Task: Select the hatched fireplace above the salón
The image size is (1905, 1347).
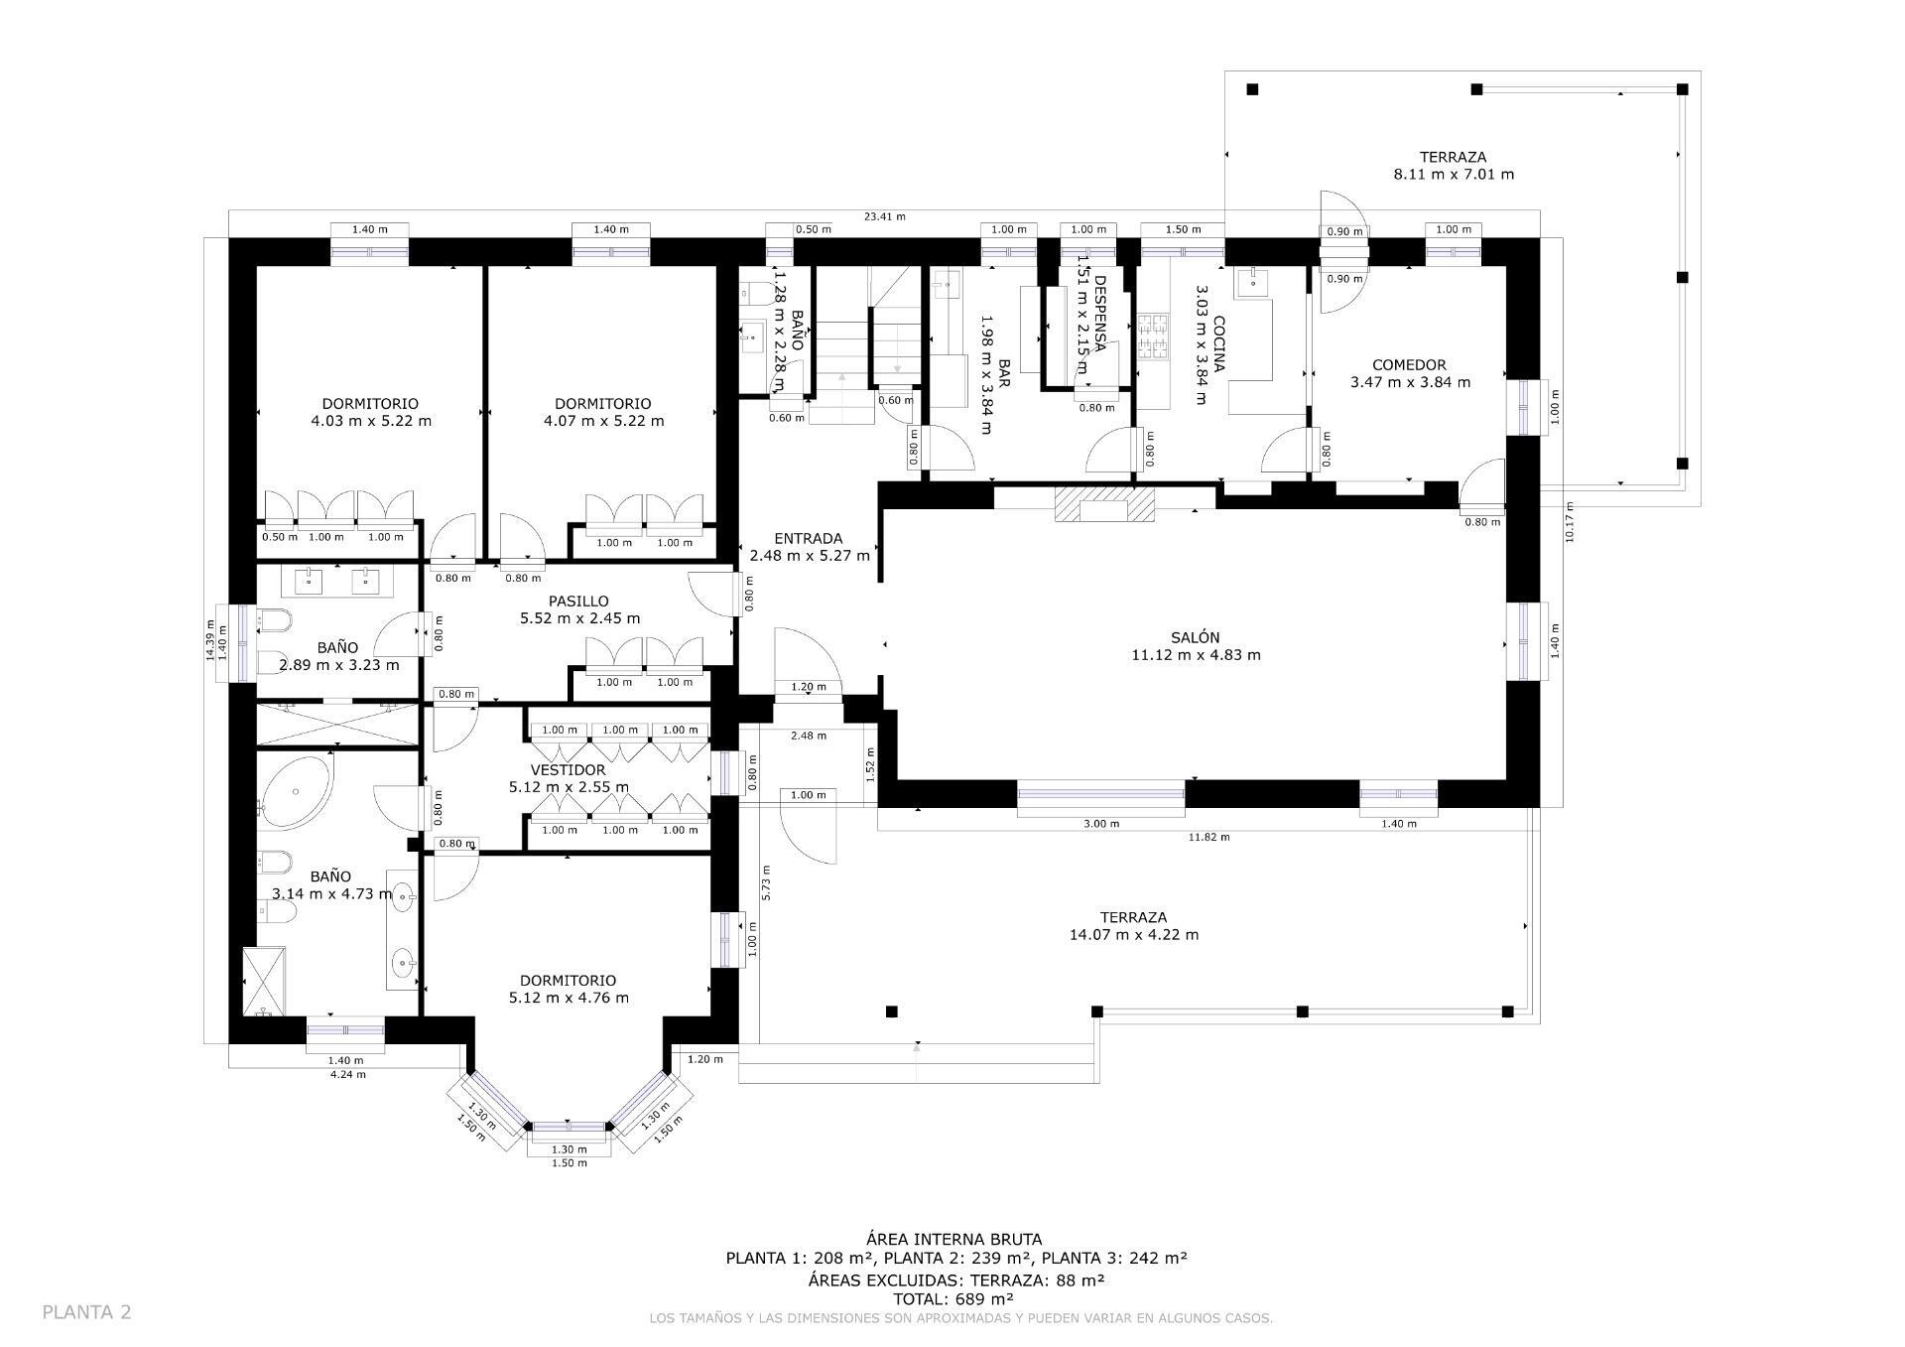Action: coord(1104,505)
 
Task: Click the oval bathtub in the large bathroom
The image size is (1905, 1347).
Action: coord(295,793)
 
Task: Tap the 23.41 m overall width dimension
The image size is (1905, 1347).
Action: coord(884,216)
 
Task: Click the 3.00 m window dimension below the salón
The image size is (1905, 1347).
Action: coord(1100,824)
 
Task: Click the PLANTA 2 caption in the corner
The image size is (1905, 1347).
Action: coord(86,1312)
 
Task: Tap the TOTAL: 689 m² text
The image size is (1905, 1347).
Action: coord(953,1298)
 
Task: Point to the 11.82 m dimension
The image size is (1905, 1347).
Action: coord(1208,837)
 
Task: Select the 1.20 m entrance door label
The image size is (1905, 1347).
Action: coord(808,687)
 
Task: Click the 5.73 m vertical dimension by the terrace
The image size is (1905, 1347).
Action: coord(766,880)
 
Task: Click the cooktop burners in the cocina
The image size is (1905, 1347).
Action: coord(1154,336)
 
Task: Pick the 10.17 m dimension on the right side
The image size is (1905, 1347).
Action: coord(1569,521)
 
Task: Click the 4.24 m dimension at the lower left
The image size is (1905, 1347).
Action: coord(347,1074)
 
